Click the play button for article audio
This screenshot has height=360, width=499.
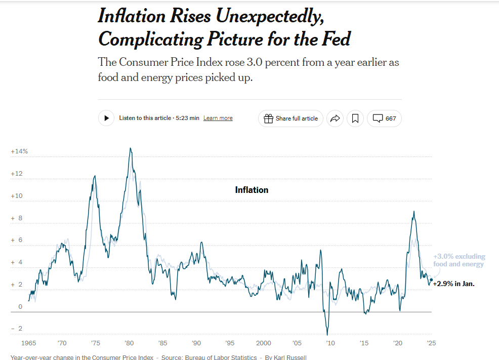click(106, 118)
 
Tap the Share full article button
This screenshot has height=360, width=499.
click(290, 118)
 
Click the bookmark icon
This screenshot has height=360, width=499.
click(355, 118)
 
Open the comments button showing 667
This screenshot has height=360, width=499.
click(384, 118)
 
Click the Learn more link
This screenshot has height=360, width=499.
click(218, 118)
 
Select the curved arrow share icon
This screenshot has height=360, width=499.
click(335, 118)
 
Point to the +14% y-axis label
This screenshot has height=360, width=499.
click(19, 151)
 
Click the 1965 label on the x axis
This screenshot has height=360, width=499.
click(29, 343)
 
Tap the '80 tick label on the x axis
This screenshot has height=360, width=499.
click(129, 343)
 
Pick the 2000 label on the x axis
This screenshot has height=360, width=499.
click(263, 343)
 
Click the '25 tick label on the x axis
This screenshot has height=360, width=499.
click(431, 343)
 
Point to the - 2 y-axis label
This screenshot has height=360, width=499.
click(17, 329)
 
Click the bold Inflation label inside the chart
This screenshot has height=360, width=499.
click(252, 190)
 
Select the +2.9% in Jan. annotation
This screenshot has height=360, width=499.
click(453, 284)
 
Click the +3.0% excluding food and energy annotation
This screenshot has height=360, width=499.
click(459, 260)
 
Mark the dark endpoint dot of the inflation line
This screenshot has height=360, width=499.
click(431, 279)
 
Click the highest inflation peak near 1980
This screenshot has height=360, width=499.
click(130, 148)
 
